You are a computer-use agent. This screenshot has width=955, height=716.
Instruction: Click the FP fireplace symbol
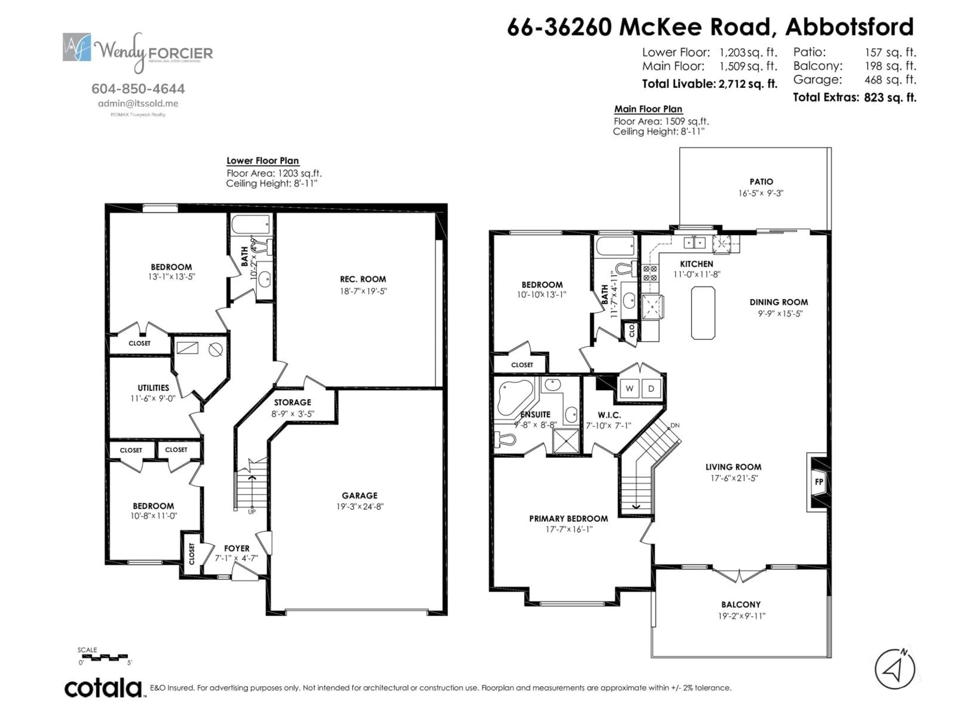[818, 482]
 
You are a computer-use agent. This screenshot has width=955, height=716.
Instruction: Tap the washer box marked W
[629, 388]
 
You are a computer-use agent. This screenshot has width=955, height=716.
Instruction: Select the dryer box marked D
[651, 388]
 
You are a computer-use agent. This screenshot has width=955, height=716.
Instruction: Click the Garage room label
[360, 495]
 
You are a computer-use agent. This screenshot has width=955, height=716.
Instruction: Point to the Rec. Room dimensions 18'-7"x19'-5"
[363, 291]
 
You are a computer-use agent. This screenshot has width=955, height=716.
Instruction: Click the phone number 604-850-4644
[138, 89]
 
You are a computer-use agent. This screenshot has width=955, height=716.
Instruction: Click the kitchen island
[703, 313]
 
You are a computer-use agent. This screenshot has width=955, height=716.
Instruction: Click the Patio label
[761, 182]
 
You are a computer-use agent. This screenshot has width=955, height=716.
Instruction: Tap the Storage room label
[292, 402]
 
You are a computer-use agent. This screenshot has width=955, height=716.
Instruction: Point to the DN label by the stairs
[675, 425]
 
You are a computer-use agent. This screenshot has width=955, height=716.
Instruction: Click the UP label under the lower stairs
[252, 512]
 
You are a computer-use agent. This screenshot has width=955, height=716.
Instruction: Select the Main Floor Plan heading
[648, 109]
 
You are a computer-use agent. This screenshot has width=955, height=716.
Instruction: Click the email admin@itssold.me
[138, 104]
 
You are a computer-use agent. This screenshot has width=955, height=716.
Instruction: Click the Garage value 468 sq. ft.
[890, 80]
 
